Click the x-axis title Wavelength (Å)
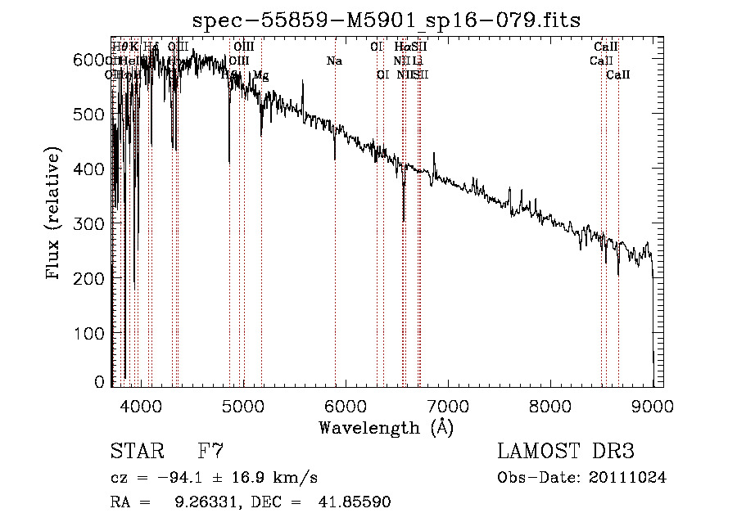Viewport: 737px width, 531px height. (386, 427)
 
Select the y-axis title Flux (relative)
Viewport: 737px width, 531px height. (54, 214)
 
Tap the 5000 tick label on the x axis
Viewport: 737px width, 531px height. (242, 403)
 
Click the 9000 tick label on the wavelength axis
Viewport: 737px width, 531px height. (653, 403)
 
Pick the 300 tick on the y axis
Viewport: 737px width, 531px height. (111, 223)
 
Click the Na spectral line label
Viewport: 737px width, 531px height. (334, 61)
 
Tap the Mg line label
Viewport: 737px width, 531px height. (260, 75)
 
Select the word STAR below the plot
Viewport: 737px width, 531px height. (136, 451)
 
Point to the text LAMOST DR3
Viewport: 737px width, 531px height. (566, 451)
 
